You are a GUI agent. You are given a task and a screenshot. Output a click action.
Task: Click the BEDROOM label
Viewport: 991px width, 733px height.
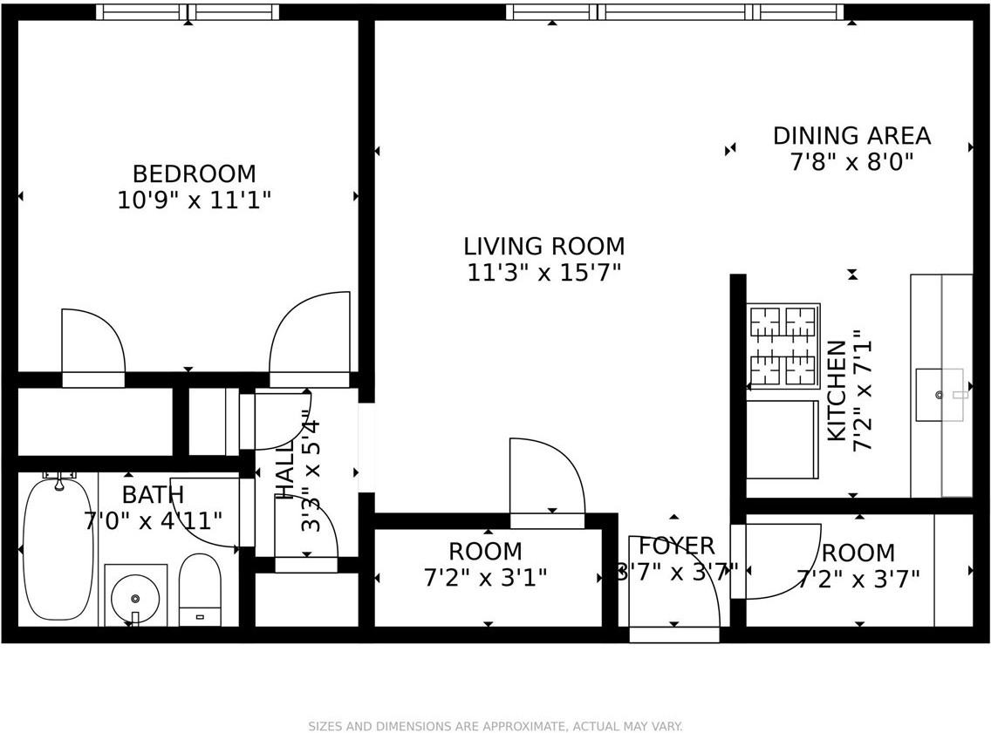click(x=194, y=173)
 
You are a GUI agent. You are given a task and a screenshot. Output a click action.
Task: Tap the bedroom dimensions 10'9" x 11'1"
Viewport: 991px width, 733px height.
click(x=194, y=200)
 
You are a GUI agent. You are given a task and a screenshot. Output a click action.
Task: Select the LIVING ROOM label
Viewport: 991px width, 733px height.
click(x=543, y=247)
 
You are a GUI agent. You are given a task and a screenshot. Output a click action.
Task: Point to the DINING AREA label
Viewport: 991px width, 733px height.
click(x=851, y=136)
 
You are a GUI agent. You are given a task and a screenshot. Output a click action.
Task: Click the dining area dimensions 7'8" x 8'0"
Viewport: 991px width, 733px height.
click(x=851, y=162)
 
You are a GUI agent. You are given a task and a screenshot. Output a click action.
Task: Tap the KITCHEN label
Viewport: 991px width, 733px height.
click(x=837, y=390)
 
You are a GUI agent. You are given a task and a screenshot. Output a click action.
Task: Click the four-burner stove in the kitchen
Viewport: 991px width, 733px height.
click(x=783, y=346)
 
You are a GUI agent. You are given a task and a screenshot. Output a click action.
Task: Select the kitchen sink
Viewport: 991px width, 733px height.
click(x=940, y=395)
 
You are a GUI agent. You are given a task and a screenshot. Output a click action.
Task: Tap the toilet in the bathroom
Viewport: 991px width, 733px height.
click(x=200, y=588)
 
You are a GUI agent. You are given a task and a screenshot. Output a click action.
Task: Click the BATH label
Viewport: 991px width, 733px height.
click(x=153, y=495)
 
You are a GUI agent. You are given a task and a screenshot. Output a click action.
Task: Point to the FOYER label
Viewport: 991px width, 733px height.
click(x=677, y=546)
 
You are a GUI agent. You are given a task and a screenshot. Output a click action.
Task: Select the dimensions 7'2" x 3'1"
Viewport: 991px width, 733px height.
click(x=485, y=578)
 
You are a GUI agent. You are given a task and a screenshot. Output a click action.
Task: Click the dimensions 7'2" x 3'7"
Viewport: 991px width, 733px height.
click(x=858, y=580)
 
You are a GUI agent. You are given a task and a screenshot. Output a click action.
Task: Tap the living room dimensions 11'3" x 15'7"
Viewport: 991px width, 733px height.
click(x=543, y=273)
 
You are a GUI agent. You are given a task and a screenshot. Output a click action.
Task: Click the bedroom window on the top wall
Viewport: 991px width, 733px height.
click(x=188, y=12)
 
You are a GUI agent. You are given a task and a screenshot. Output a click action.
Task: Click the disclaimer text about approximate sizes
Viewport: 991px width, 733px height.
click(x=495, y=726)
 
